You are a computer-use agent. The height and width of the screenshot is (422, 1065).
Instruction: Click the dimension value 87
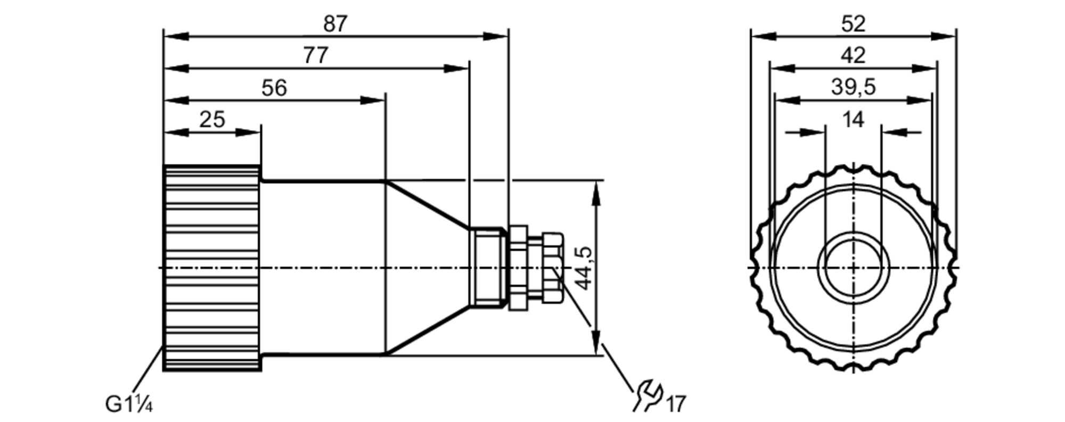335,24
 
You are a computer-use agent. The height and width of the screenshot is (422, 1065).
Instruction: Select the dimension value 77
316,56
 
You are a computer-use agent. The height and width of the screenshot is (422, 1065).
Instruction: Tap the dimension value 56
274,88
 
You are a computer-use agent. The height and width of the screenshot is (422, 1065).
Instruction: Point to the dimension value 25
212,120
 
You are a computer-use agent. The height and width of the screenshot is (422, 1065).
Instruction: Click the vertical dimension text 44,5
585,269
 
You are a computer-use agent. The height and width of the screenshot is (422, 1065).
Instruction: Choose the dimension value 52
853,24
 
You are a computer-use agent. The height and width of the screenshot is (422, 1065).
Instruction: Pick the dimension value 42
853,55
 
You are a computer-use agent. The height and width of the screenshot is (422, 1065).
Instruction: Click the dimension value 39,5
853,87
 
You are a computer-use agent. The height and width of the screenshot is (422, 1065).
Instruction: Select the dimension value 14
853,119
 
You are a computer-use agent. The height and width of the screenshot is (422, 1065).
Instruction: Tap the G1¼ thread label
129,405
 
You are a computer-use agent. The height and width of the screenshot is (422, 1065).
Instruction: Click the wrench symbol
648,395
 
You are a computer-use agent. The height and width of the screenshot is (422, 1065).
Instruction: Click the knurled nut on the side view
212,268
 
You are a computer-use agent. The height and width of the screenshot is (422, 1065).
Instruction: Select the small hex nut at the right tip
553,268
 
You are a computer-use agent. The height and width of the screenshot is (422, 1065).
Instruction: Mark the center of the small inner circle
854,268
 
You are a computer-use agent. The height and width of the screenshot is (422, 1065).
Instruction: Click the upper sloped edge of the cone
428,205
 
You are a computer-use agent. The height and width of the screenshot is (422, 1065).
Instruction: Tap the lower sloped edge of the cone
428,330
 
